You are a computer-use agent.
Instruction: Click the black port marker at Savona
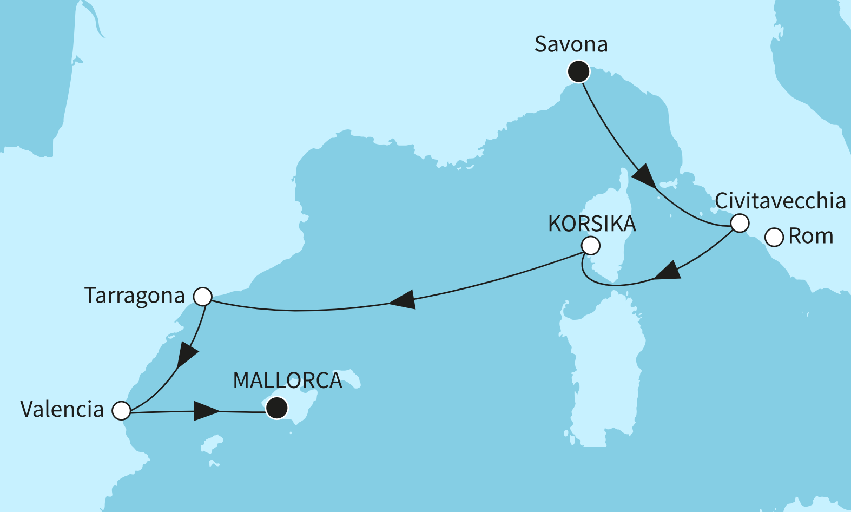578,71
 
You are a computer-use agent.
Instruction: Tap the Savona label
571,44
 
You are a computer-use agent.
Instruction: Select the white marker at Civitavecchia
740,223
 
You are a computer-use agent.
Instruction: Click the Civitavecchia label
780,201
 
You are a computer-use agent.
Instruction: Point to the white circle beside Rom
774,237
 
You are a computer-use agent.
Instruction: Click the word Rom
810,237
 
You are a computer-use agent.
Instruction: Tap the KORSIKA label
592,224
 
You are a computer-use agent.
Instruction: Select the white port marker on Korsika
591,246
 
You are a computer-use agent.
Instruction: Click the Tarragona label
134,296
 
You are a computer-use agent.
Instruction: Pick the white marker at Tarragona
203,297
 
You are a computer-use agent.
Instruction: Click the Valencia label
62,410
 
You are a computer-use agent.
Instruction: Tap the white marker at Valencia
121,410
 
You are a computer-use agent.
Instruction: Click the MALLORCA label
287,380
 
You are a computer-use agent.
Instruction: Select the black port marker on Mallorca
277,408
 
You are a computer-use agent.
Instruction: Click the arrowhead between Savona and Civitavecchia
644,176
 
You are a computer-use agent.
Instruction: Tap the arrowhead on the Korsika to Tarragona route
403,300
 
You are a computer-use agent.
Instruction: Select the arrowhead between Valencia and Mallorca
206,411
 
